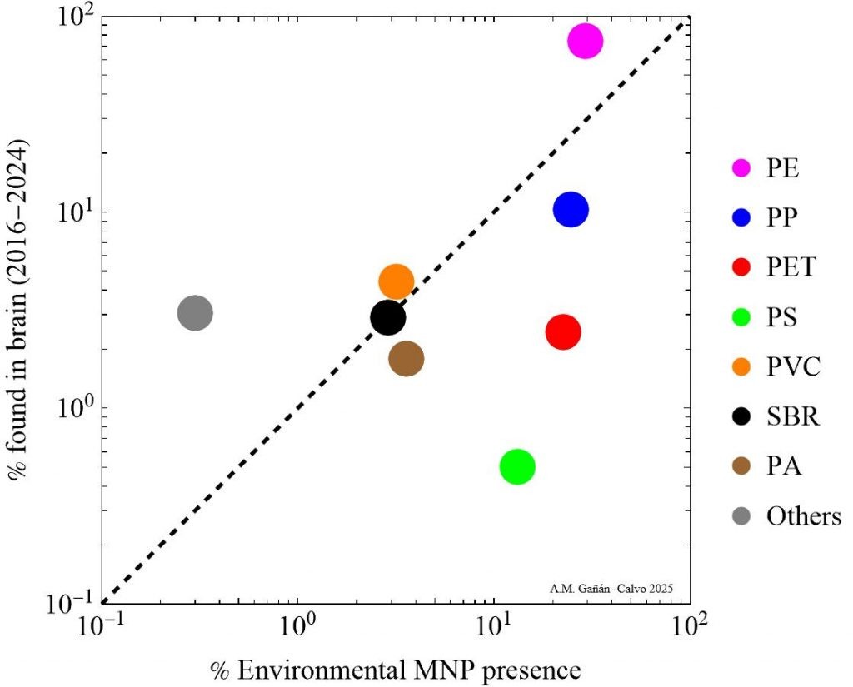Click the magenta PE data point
pos(586,41)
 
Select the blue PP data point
pos(571,209)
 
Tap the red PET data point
pos(563,332)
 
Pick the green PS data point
pos(517,466)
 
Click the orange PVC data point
pos(396,281)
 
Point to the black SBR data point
pos(388,316)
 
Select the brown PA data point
pos(407,359)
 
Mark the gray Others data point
pos(195,313)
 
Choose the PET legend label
pos(791,268)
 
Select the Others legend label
pos(804,516)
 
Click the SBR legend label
pos(793,416)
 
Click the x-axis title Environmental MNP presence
pos(396,668)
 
